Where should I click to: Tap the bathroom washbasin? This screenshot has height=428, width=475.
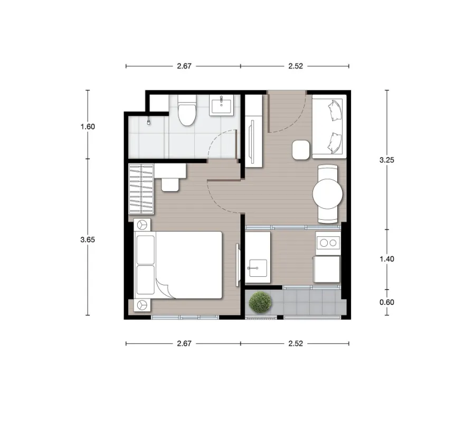[x=222, y=105]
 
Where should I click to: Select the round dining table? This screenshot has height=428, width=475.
[x=327, y=193]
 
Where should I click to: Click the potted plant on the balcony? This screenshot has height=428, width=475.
[x=260, y=302]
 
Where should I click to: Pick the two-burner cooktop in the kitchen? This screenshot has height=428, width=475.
[x=328, y=243]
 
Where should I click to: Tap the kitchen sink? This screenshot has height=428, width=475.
[x=258, y=268]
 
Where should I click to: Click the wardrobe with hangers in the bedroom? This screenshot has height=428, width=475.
[x=141, y=189]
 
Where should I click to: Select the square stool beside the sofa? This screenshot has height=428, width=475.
[x=301, y=150]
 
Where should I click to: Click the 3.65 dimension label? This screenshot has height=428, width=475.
[x=88, y=240]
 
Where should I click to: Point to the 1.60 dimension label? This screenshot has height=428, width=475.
[x=88, y=126]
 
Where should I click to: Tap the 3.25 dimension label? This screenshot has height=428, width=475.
[x=387, y=160]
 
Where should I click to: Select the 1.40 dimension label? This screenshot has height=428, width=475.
[x=387, y=259]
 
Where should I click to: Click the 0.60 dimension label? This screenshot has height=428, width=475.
[x=387, y=302]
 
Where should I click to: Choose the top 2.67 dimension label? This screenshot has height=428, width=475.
[x=184, y=66]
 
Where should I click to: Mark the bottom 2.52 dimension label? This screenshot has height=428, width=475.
[x=296, y=343]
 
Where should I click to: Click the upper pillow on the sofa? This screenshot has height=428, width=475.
[x=334, y=110]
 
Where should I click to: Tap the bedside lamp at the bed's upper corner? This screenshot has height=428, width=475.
[x=142, y=225]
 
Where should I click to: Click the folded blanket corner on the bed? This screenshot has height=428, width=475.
[x=165, y=287]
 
